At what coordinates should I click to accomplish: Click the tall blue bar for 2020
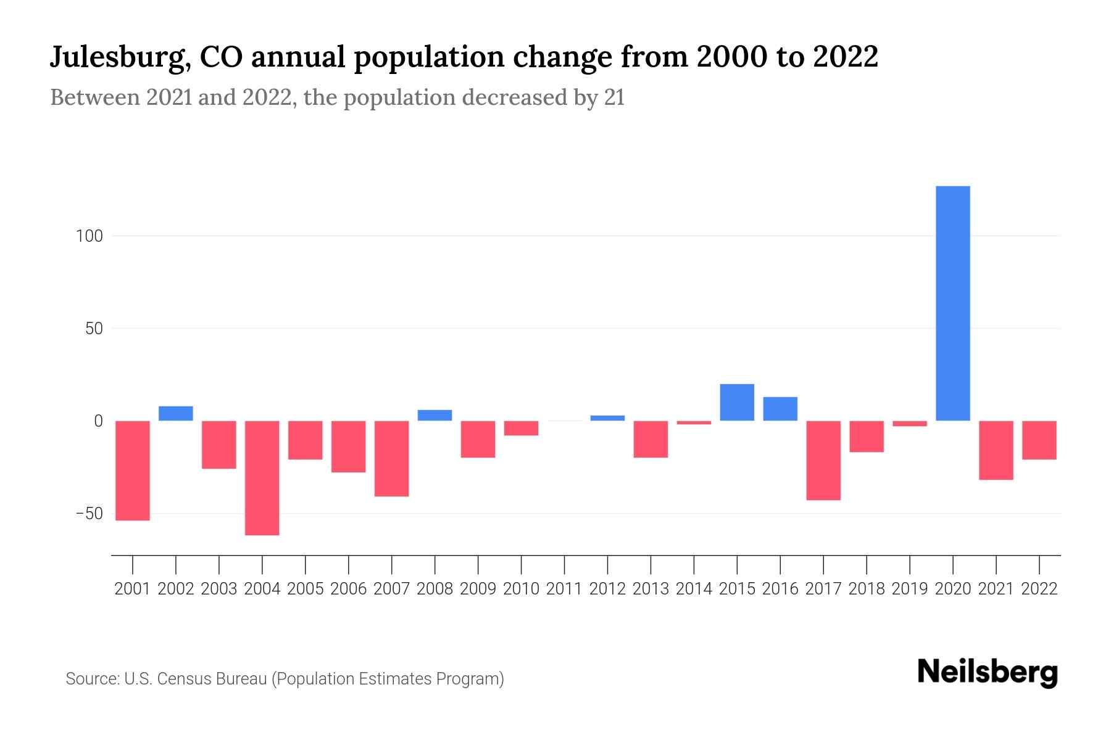952,303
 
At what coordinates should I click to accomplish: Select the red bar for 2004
262,478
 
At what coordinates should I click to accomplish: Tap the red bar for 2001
133,471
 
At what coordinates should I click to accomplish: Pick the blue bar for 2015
737,403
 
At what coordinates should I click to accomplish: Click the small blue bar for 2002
176,414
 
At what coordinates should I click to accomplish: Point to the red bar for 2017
823,460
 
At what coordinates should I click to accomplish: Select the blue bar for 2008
435,416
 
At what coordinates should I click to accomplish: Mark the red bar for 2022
1039,440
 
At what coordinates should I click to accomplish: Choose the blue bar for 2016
780,409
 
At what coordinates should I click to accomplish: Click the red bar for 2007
392,458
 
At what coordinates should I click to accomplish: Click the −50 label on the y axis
89,514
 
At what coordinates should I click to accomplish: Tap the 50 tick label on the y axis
94,329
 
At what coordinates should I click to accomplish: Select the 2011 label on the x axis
564,589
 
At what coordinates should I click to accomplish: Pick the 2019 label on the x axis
910,589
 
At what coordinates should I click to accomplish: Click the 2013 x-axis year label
651,589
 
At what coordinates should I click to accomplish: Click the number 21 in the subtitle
614,97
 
